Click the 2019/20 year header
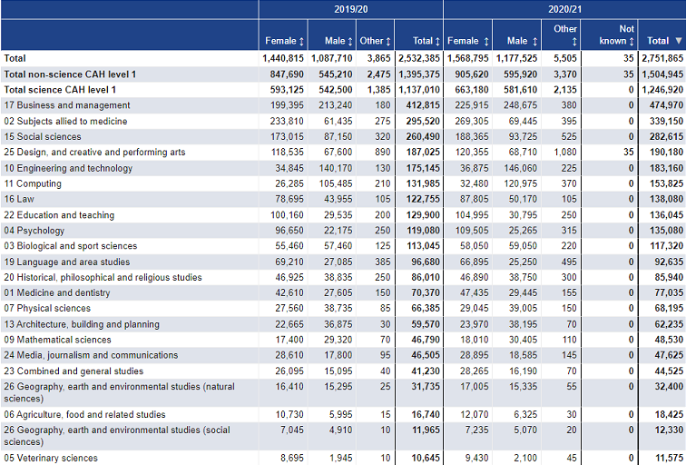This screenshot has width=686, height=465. click(350, 9)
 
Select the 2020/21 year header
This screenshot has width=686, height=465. click(564, 9)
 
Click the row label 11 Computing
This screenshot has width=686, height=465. click(33, 183)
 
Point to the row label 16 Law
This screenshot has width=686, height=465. click(19, 199)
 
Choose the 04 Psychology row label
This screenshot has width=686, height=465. click(34, 231)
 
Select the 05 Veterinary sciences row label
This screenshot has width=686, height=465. click(51, 458)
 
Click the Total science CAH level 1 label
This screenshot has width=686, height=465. click(60, 90)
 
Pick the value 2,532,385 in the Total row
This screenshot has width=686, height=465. click(418, 58)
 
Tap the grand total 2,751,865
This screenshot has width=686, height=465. click(662, 58)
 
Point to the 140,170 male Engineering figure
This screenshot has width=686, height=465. click(336, 168)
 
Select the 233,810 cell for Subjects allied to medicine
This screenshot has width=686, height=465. click(287, 122)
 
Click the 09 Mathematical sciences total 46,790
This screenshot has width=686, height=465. click(426, 340)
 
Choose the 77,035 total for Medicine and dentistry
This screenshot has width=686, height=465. click(669, 293)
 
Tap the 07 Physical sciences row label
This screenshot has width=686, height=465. click(47, 308)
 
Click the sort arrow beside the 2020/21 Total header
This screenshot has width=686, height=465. click(679, 41)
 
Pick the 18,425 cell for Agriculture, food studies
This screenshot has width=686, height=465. click(669, 415)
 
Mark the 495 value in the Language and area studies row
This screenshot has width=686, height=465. click(569, 262)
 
